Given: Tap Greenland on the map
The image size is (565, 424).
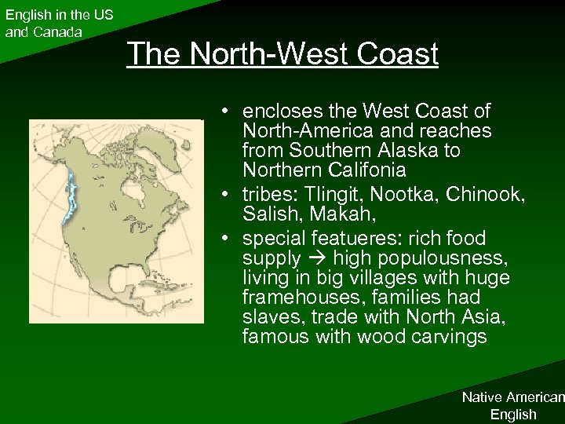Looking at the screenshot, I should click(165, 149).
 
